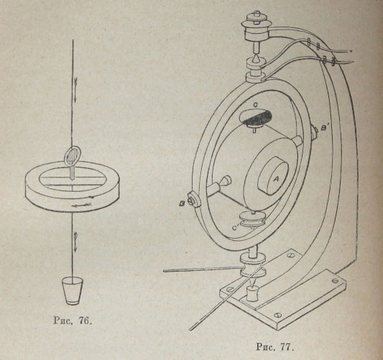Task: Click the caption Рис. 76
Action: (x=73, y=320)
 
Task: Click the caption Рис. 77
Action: (x=274, y=346)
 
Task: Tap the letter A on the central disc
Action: (x=276, y=180)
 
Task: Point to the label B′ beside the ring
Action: (x=325, y=129)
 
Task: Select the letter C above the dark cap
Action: (x=255, y=105)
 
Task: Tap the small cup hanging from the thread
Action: (x=73, y=290)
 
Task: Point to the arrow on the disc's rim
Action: (x=82, y=205)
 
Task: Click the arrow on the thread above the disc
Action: (x=75, y=89)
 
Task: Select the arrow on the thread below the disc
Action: (x=75, y=241)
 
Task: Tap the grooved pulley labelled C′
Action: (x=252, y=219)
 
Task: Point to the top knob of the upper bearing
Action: (x=256, y=14)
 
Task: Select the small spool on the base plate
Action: (x=252, y=294)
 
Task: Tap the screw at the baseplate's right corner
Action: (x=336, y=280)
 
